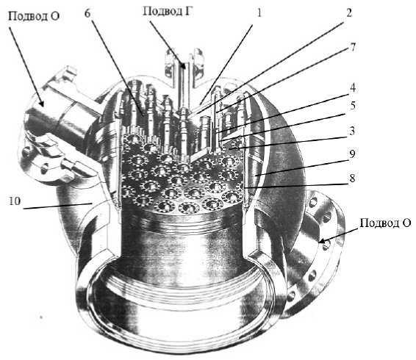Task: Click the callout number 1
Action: pos(259,12)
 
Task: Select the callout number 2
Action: pos(349,12)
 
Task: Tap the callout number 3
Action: pos(352,131)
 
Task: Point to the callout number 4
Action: pos(352,88)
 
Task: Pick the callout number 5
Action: pos(352,106)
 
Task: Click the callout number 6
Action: pos(87,12)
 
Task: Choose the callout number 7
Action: pos(352,47)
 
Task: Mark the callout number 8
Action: pos(352,178)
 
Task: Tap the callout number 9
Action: pos(352,154)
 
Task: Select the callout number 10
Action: pos(15,201)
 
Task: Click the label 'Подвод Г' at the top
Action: pos(167,12)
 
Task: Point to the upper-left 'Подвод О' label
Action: pos(34,16)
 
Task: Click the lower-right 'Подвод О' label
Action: pos(385,223)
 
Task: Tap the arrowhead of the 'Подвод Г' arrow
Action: pos(183,65)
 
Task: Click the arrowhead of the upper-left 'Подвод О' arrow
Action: pos(41,102)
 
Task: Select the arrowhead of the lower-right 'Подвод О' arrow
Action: pos(321,241)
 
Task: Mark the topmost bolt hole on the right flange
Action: pos(313,202)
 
